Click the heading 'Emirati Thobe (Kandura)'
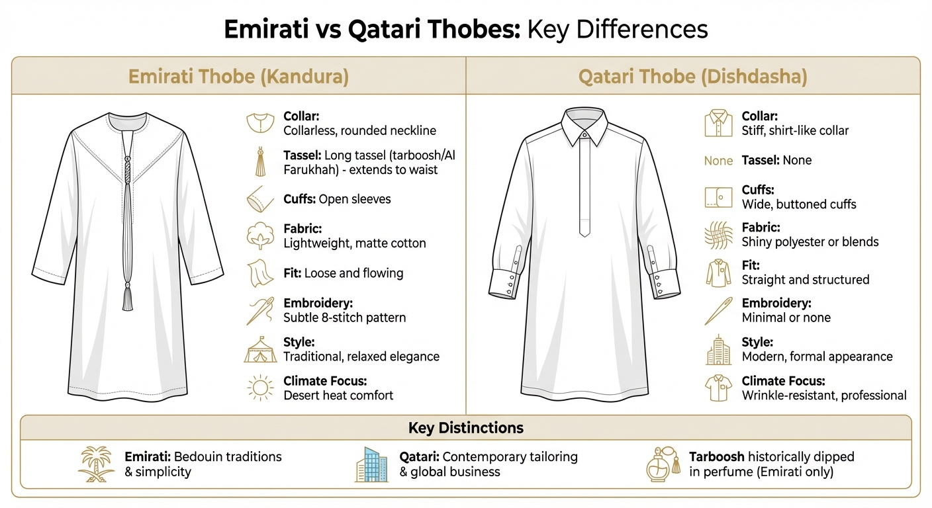click(x=238, y=76)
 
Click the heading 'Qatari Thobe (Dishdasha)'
click(x=693, y=76)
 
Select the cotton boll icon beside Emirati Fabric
click(x=260, y=236)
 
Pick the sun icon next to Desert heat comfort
click(x=259, y=388)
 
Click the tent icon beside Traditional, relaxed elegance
click(x=260, y=350)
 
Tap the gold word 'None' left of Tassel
click(x=718, y=161)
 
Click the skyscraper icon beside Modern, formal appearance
click(x=718, y=350)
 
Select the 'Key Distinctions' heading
click(x=465, y=428)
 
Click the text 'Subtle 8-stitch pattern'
click(x=344, y=317)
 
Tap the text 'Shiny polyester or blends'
click(x=810, y=242)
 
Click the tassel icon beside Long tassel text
click(x=260, y=162)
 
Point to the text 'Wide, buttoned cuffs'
click(x=799, y=204)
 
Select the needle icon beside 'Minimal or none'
click(x=718, y=311)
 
